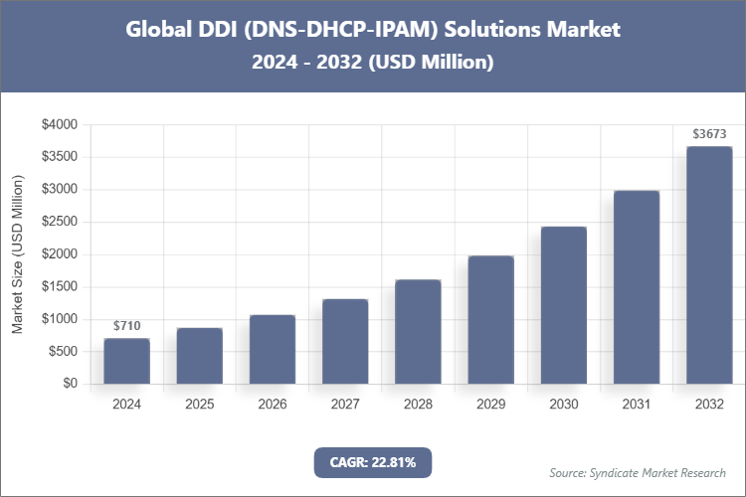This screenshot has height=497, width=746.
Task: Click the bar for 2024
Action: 126,361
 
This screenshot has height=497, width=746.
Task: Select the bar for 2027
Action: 345,341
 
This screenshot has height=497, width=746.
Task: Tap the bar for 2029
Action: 490,319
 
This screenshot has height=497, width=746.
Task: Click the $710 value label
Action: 126,326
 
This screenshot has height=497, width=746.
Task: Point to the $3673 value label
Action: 709,134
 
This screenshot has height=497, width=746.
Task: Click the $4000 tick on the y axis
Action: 59,125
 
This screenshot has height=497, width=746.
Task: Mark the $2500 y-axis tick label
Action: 59,223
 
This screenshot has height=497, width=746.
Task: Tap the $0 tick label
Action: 69,384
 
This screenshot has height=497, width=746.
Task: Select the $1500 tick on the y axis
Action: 59,287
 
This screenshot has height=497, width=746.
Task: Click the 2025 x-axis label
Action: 199,405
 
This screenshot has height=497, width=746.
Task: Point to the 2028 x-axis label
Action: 418,405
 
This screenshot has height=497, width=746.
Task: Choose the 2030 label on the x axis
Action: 563,405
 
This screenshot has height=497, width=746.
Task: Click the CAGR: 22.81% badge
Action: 373,461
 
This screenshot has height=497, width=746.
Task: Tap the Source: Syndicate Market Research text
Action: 638,472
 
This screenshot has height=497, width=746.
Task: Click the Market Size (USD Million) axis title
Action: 18,254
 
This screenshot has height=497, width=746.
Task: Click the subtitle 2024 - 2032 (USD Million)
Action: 373,62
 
